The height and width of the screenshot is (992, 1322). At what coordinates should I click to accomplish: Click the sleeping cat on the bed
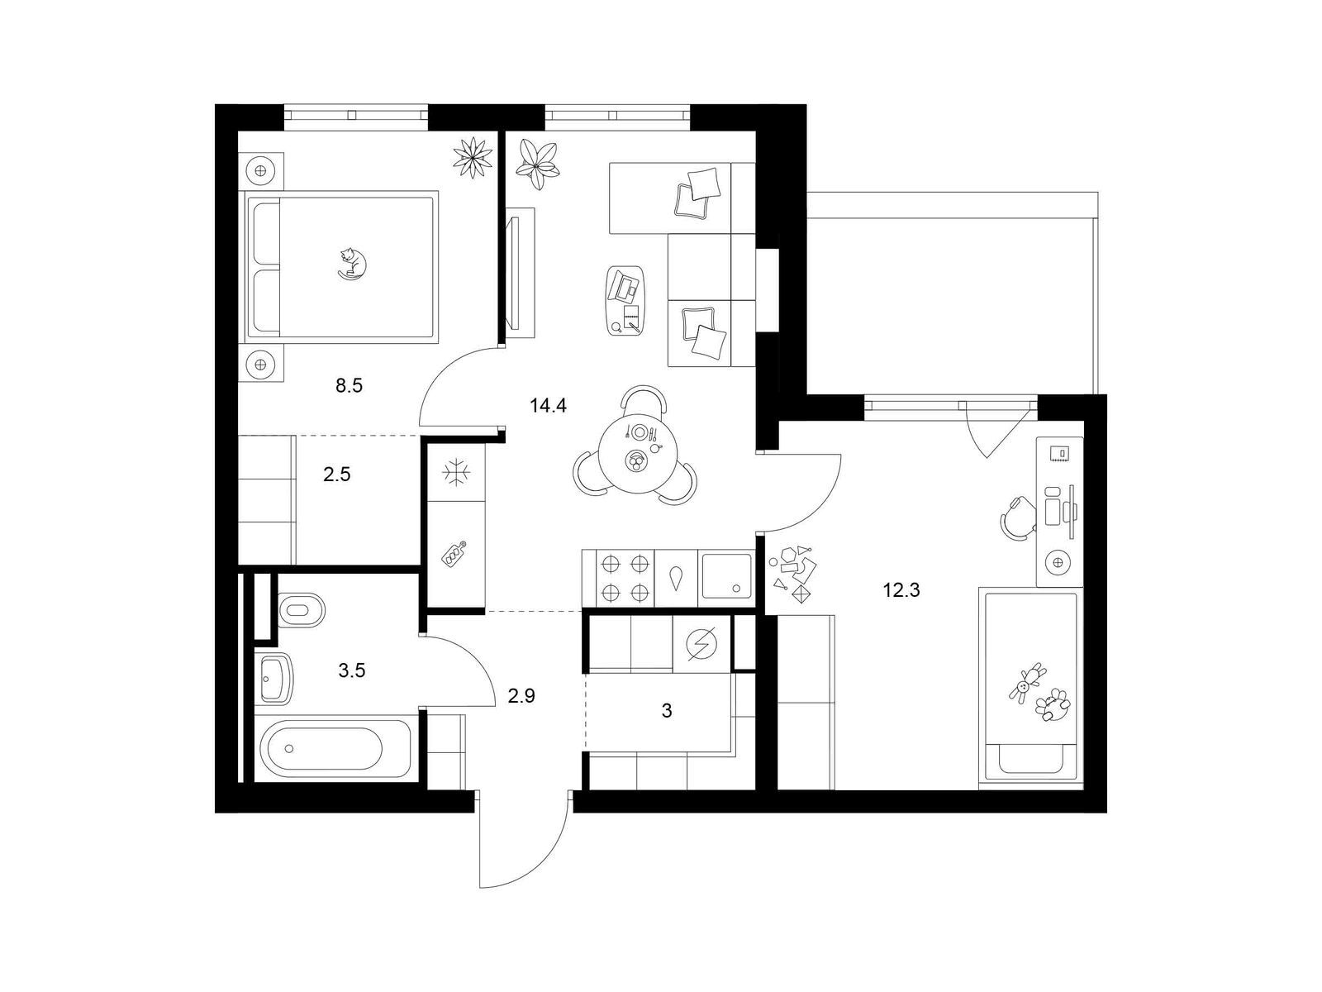pos(352,264)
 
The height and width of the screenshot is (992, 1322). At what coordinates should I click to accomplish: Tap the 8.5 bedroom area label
pos(349,385)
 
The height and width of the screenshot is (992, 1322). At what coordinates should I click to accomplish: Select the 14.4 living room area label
pos(548,405)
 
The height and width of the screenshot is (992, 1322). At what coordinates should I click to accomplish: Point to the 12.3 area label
pos(901,590)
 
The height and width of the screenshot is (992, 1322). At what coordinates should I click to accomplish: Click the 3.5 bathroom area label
pos(351,670)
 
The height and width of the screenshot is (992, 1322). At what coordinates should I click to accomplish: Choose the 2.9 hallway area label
pos(521,696)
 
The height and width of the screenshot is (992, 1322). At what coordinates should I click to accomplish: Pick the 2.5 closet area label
pos(336,475)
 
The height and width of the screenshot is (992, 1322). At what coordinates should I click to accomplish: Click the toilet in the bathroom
pos(302,609)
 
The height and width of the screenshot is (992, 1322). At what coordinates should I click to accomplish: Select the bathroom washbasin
pos(274,678)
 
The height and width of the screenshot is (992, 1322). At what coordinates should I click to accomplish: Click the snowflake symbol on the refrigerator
pos(456,472)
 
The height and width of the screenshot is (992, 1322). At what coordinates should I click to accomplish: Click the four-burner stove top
pos(625,578)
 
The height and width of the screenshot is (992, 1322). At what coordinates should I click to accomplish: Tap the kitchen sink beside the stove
pos(726,576)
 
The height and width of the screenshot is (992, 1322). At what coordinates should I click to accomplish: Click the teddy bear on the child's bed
pos(1028,684)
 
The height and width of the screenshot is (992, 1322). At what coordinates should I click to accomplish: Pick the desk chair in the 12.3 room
pos(1018,517)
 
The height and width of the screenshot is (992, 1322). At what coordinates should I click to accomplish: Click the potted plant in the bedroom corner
pos(473,158)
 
